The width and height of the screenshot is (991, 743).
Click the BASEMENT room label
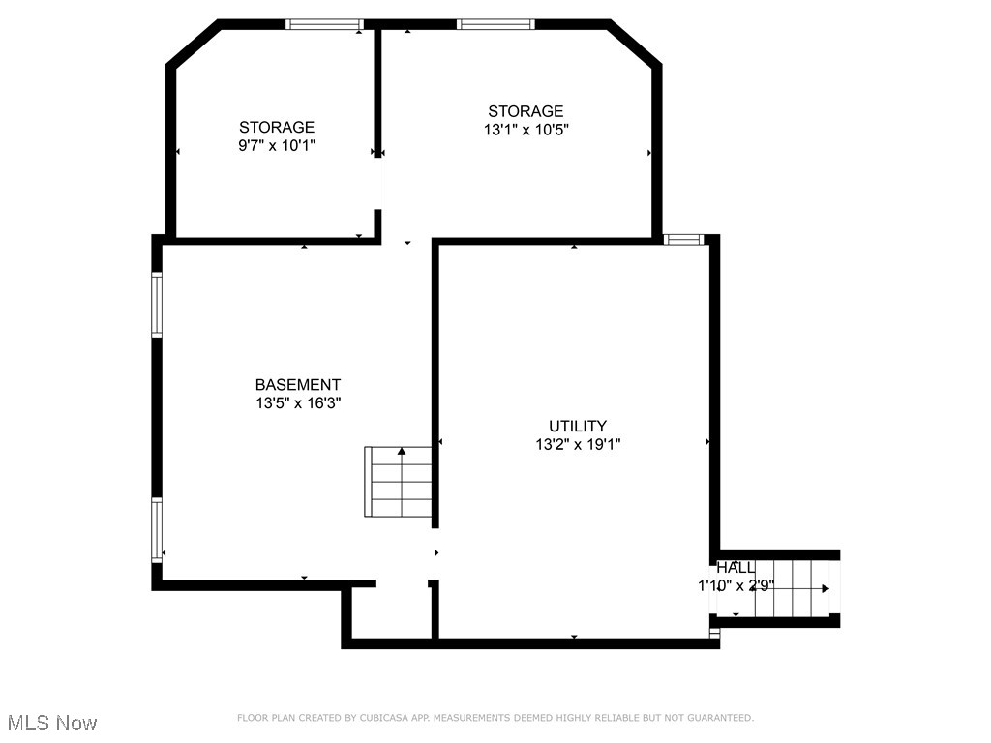point(298,385)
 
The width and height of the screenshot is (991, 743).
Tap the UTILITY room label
point(578,426)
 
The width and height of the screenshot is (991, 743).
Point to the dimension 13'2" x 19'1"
point(578,444)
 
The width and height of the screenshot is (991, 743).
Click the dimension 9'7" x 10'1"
point(277,145)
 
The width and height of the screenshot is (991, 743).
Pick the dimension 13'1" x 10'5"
point(526,130)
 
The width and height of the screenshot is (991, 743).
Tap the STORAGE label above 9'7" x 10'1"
point(277,127)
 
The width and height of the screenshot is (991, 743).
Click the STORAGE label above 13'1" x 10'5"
point(526,111)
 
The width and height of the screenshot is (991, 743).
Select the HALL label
point(736,568)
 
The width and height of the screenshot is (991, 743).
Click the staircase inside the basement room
point(400,481)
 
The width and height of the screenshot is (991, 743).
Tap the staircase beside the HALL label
point(794,587)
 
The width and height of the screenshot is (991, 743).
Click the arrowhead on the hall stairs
point(826,588)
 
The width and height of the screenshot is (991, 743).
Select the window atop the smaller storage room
point(323,24)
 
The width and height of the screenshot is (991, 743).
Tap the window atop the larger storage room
point(495,24)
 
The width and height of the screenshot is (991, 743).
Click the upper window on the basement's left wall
point(157,305)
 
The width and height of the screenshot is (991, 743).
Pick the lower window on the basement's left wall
point(157,529)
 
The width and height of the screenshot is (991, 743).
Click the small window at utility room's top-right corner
point(682,239)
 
